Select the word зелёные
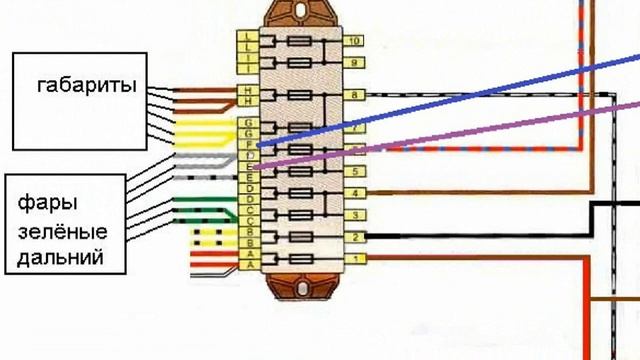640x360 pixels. point(62,232)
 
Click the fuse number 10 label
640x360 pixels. point(354,41)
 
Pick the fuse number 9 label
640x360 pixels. point(354,62)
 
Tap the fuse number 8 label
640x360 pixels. point(354,95)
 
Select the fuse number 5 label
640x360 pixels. point(354,172)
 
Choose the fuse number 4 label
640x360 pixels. point(354,192)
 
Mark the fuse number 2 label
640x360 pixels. point(354,237)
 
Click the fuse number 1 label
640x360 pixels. point(354,260)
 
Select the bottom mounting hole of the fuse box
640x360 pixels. point(300,289)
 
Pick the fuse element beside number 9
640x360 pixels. point(301,62)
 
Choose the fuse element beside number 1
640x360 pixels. point(301,260)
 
